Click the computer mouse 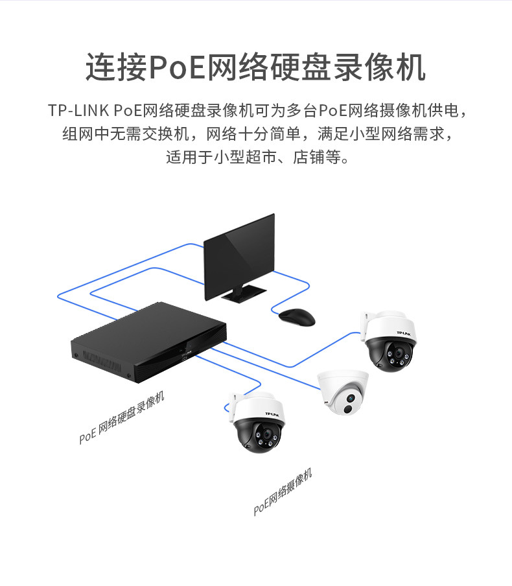297,316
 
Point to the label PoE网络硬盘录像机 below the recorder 122,417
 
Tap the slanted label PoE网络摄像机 283,492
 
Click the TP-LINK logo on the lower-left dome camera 272,413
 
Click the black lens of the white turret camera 348,408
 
